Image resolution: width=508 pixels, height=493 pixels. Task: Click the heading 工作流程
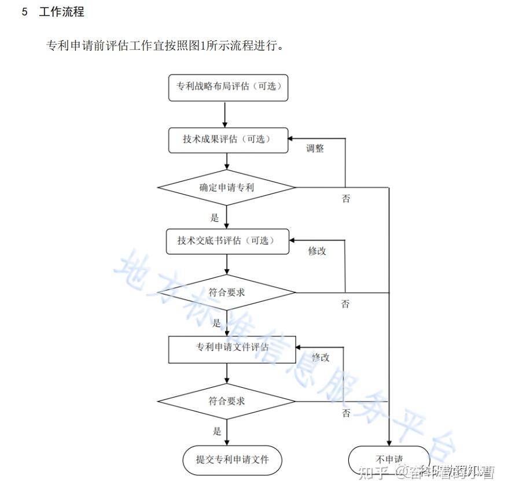point(61,12)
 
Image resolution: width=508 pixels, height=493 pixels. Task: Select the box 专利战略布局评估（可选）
point(228,87)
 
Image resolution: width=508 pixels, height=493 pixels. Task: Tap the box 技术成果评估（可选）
point(227,139)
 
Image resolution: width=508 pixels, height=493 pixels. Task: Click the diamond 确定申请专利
point(227,187)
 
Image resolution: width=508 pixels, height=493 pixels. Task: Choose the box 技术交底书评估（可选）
point(228,240)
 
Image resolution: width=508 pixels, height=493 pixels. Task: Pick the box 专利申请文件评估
point(231,348)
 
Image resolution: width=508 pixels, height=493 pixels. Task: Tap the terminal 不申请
point(389,460)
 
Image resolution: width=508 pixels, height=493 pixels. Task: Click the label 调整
point(315,149)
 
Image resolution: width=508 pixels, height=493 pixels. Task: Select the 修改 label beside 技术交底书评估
point(317,251)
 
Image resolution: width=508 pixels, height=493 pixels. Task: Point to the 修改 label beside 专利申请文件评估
point(321,357)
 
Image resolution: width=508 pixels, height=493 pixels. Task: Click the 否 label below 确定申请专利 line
point(345,199)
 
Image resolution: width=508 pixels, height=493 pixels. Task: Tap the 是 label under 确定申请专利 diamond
point(215,218)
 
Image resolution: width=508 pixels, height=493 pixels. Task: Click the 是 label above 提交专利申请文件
point(217,431)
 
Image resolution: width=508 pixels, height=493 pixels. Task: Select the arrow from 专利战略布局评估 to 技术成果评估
point(225,114)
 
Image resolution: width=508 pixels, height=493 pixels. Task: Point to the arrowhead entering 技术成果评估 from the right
point(293,139)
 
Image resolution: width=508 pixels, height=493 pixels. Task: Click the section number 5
point(24,12)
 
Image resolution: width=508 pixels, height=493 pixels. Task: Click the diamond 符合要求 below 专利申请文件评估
point(227,401)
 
